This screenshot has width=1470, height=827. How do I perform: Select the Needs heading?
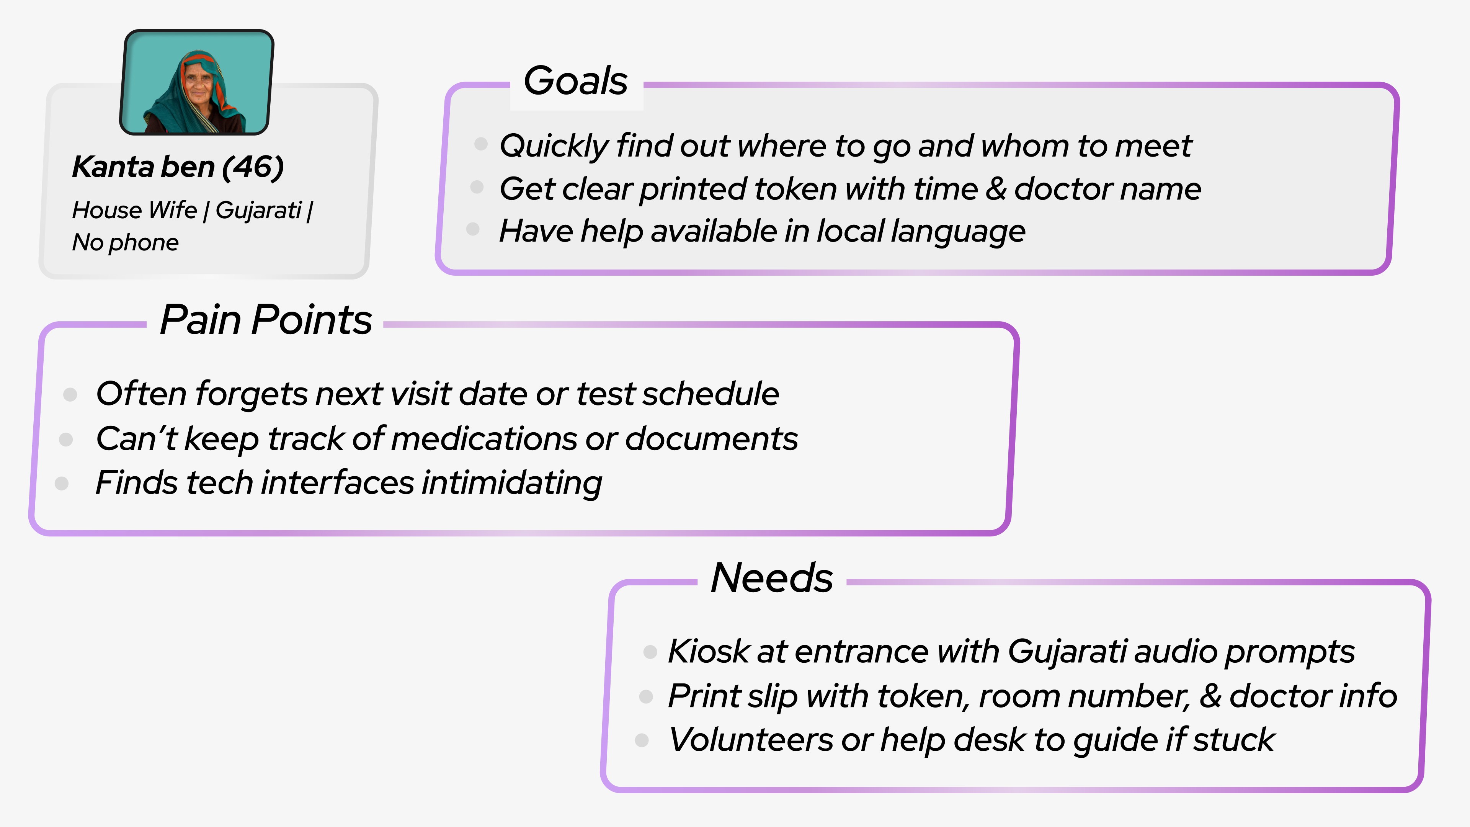771,578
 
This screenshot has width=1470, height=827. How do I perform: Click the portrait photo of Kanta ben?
196,82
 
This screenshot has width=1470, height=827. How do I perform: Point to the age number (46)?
253,167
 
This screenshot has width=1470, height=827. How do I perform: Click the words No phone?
125,243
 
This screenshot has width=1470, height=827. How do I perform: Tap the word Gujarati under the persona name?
258,210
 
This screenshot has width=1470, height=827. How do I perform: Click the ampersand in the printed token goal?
995,189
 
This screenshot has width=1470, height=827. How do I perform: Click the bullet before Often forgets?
70,394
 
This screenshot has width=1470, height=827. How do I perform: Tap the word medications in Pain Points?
484,439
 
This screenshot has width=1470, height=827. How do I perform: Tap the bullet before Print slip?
646,696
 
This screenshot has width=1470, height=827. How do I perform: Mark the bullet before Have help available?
472,229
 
